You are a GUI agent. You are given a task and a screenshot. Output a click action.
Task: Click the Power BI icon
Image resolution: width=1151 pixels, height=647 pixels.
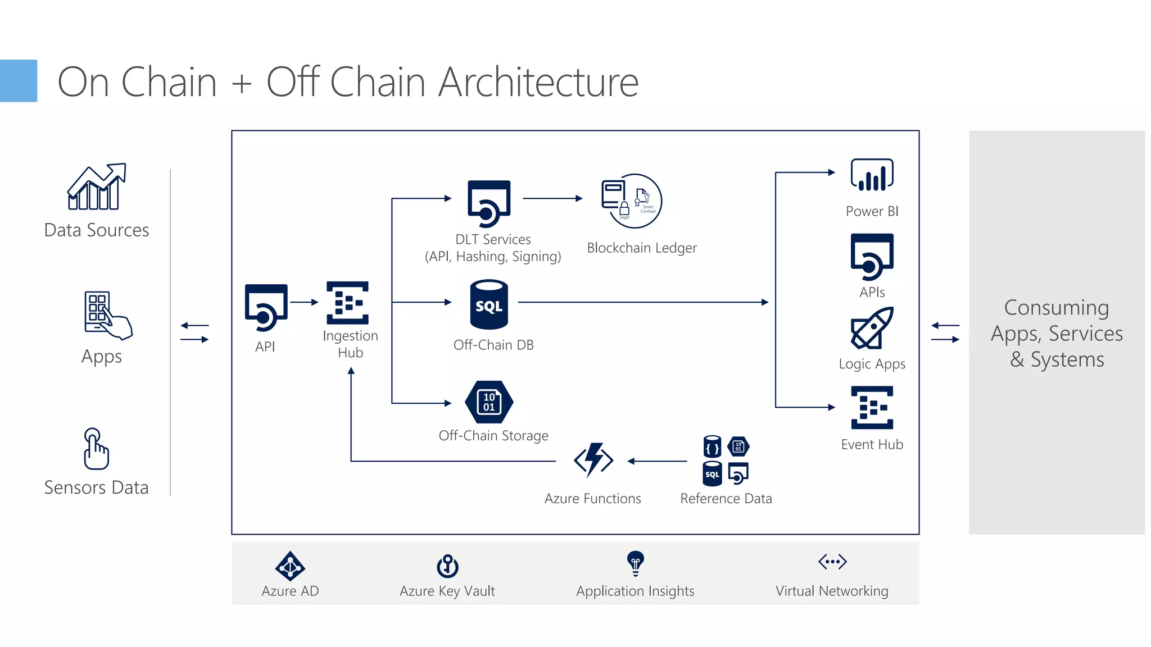[x=872, y=175]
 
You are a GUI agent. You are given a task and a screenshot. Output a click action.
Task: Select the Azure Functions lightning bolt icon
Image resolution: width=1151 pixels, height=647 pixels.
[x=593, y=460]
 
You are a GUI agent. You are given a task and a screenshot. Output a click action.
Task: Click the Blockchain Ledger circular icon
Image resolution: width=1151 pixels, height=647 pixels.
[x=633, y=201]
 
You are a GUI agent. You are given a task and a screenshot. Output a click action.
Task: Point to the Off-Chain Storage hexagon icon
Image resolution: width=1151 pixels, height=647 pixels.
[x=489, y=402]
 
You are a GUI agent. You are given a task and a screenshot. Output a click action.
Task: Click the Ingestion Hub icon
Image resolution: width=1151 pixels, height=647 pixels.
[x=347, y=303]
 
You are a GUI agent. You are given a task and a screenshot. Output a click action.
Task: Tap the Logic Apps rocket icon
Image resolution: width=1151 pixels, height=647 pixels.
[x=872, y=328]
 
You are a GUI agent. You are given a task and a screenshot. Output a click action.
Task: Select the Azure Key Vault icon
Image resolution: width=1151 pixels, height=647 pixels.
[x=447, y=566]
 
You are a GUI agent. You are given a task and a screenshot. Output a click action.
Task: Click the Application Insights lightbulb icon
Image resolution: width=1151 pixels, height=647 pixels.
[x=635, y=563]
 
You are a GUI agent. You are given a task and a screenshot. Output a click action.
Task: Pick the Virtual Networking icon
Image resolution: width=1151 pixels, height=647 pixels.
[x=832, y=561]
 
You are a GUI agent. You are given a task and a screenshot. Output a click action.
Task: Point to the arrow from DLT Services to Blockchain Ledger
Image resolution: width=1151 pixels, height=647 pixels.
[x=552, y=198]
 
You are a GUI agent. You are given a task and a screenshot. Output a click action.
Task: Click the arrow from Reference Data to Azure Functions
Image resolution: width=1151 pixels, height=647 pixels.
[x=657, y=461]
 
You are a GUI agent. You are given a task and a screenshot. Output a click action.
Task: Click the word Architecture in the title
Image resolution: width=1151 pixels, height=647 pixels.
[x=538, y=82]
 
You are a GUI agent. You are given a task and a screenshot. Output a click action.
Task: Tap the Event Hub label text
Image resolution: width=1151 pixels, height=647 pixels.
[x=872, y=444]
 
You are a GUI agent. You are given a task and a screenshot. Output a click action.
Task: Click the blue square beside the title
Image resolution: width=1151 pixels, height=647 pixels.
[x=18, y=81]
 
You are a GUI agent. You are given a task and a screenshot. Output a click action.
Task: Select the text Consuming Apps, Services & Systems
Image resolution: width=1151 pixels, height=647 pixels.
[x=1057, y=333]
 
